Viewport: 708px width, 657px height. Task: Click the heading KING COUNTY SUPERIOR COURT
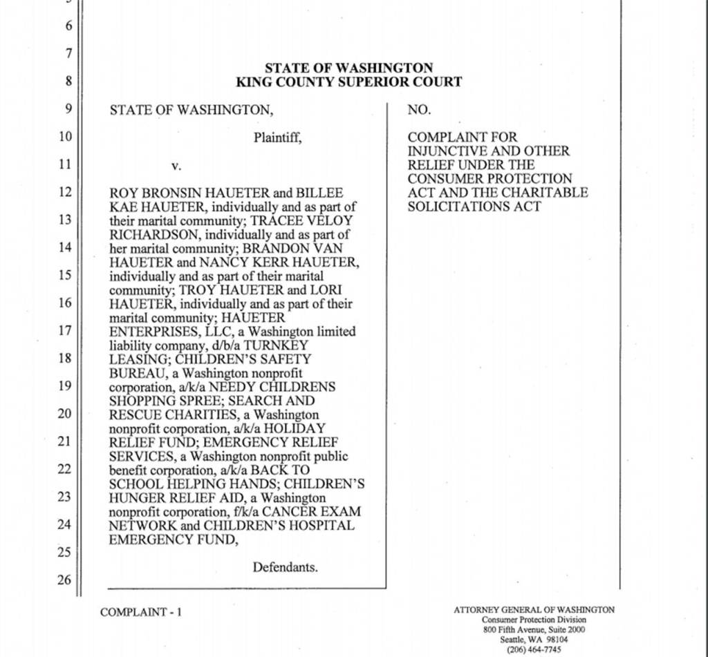coord(348,82)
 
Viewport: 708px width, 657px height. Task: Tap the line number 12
coord(64,192)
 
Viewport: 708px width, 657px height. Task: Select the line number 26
coord(64,580)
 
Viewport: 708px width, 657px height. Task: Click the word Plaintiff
coord(277,137)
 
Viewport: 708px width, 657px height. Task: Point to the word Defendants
coord(285,567)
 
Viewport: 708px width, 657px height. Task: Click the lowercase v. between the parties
coord(176,166)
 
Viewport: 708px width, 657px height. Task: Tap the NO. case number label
coord(419,109)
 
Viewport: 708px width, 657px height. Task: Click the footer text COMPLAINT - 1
coord(141,611)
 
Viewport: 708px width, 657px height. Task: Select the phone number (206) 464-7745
coord(534,649)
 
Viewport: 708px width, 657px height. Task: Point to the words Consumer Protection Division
coord(534,620)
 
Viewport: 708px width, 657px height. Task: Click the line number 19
coord(64,385)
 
